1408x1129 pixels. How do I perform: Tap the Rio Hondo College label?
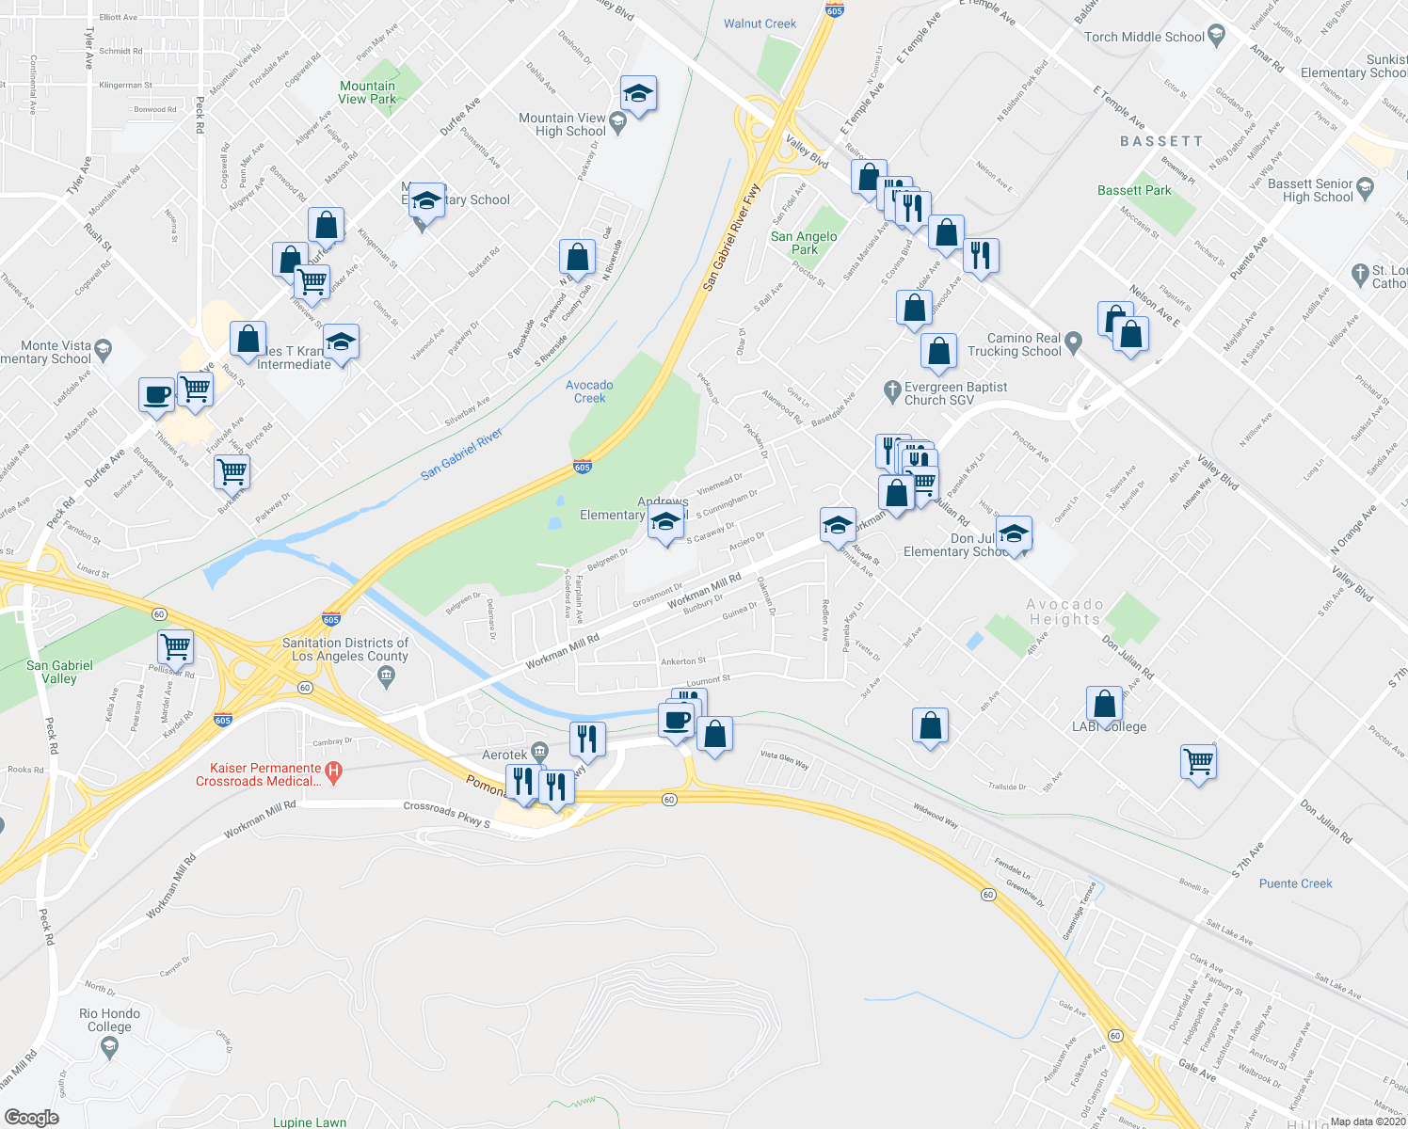point(109,1020)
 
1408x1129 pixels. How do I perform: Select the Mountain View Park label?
point(367,92)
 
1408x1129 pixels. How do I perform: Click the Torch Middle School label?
point(1144,38)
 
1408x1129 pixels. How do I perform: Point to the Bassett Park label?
point(1134,190)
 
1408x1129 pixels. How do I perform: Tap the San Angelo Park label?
point(804,243)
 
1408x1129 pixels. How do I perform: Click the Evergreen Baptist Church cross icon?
point(892,390)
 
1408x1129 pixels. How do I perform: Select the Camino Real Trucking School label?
point(1023,344)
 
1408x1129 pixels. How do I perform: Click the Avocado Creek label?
point(589,391)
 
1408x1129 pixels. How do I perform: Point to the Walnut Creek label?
point(760,24)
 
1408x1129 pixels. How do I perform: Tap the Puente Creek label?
point(1295,883)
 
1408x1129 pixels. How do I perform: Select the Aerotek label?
point(504,755)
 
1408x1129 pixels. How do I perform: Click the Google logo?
point(31,1118)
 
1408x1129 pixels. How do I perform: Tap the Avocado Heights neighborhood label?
point(1064,612)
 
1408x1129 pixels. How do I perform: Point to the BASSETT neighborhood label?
point(1161,141)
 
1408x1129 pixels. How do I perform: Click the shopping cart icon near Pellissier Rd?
point(176,647)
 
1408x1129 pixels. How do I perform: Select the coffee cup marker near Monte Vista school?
point(156,394)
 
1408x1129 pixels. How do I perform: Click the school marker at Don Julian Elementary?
point(1013,533)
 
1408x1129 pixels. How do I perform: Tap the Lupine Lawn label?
point(309,1122)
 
